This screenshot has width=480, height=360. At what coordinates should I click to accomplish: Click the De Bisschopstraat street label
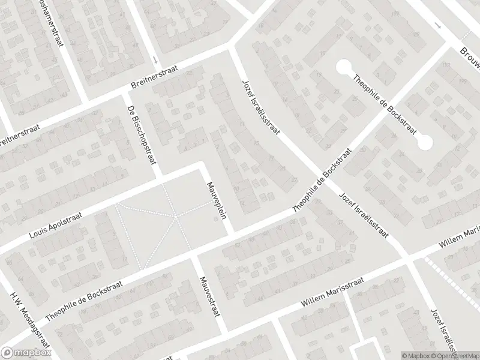pos(139,133)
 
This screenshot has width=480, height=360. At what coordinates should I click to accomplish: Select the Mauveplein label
pos(217,200)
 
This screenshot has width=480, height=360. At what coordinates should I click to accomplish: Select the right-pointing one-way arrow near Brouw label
pos(437,27)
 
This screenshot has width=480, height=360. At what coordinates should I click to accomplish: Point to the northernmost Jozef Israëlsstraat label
pos(261,110)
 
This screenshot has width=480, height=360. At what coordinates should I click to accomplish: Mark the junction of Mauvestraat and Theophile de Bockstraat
pos(194,256)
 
